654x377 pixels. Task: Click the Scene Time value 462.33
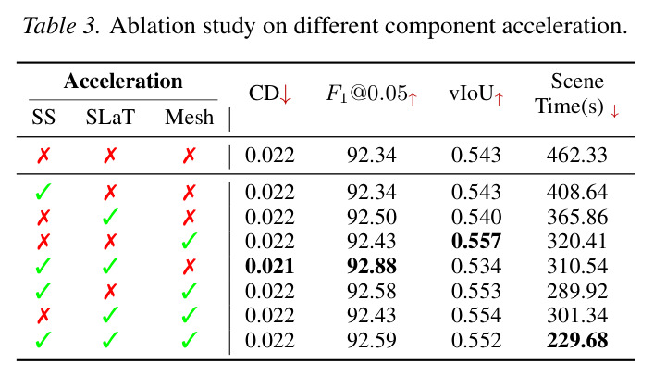[577, 156]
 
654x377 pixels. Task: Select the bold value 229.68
[577, 340]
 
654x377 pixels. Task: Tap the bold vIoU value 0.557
[475, 242]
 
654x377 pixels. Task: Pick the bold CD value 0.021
[270, 267]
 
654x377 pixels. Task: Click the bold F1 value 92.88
[372, 267]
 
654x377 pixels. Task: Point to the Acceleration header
[123, 81]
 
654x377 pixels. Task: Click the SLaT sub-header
[110, 117]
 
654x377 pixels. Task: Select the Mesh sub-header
[189, 117]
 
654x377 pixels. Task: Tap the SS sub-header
[43, 117]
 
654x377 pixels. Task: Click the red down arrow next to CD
[286, 94]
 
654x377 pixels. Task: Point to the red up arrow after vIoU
[499, 98]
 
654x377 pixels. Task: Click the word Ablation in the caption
[153, 26]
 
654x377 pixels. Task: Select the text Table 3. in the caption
[61, 26]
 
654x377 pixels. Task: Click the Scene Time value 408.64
[577, 192]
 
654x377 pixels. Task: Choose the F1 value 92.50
[372, 217]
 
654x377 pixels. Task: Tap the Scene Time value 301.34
[577, 315]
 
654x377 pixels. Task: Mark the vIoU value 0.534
[475, 267]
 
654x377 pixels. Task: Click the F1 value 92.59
[372, 340]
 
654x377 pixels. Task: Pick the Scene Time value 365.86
[577, 217]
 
